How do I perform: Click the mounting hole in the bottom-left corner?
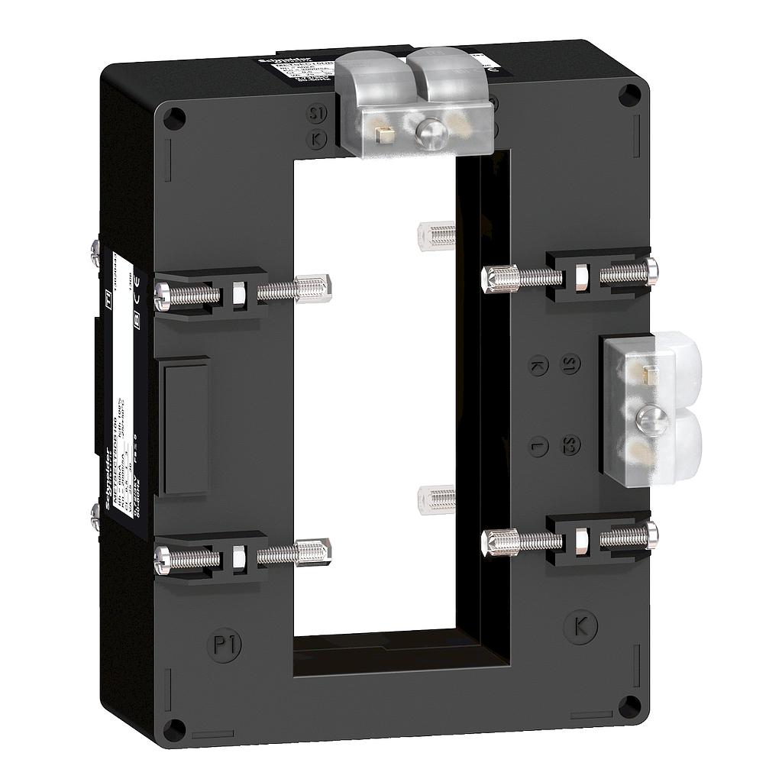(175, 726)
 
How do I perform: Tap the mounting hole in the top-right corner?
(629, 96)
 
